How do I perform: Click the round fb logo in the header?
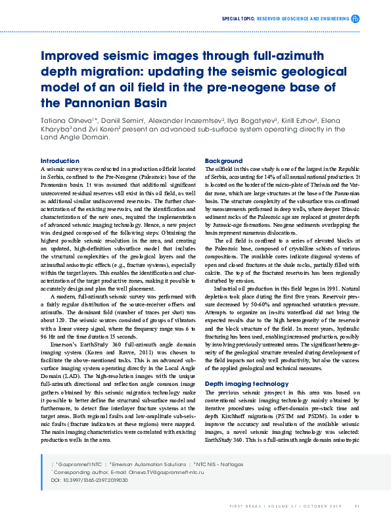click(x=356, y=19)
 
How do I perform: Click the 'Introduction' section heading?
click(x=60, y=160)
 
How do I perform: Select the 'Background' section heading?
click(x=223, y=160)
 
